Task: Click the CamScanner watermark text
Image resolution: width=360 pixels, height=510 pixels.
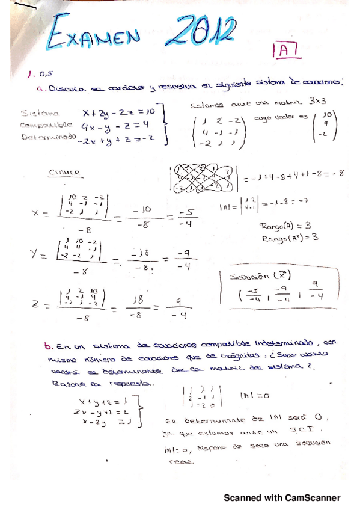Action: pos(282,497)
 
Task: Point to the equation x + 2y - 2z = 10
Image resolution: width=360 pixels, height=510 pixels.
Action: pos(120,112)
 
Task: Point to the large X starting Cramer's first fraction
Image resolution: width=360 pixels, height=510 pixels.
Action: pos(37,213)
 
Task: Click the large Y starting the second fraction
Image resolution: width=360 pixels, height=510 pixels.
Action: pos(36,254)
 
